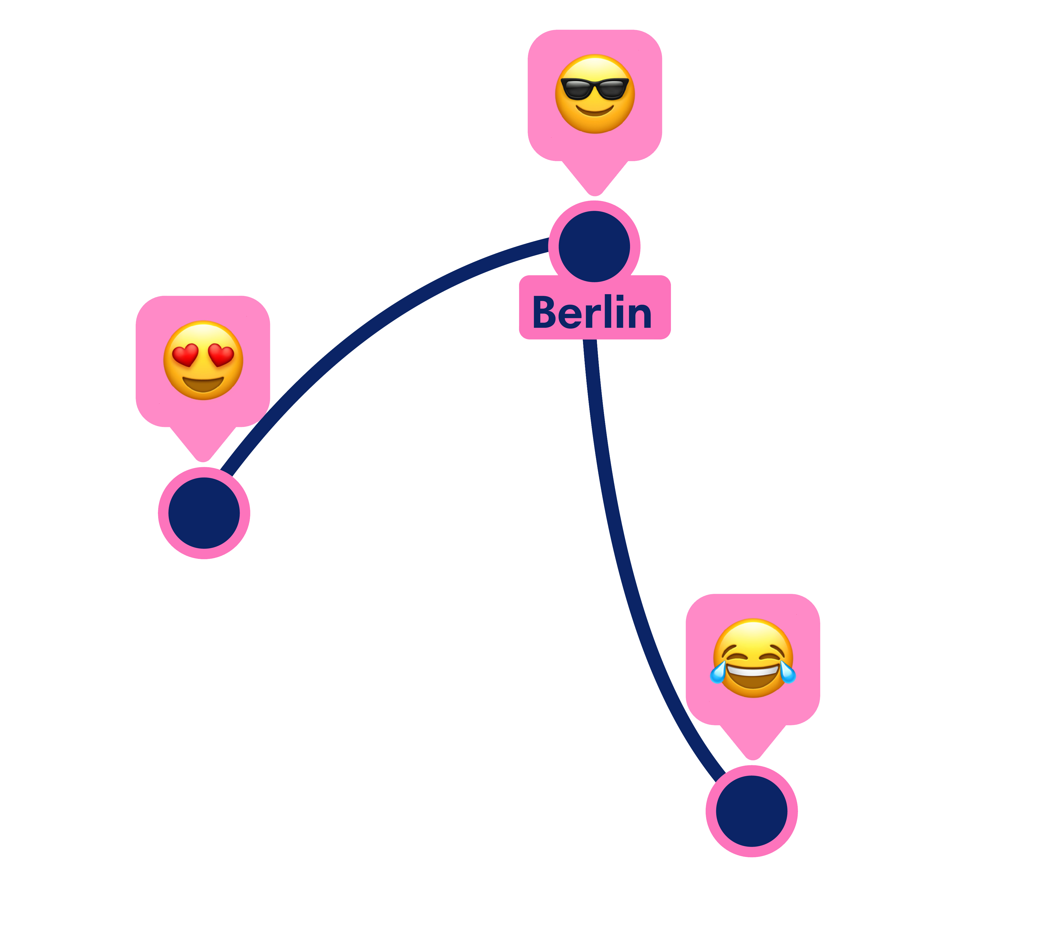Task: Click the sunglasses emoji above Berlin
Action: tap(594, 94)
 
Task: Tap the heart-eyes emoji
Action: tap(203, 361)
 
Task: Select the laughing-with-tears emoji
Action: tap(753, 658)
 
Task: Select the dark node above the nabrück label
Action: tap(204, 513)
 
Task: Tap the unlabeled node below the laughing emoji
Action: tap(752, 811)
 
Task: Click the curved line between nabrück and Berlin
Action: tap(363, 332)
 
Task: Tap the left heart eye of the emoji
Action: tap(185, 355)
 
